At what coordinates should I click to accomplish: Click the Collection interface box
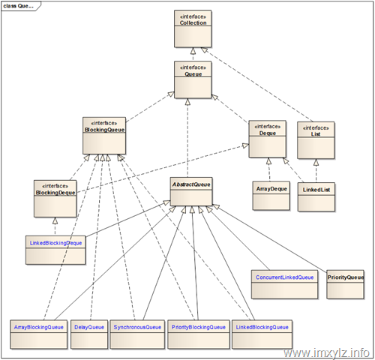(x=193, y=28)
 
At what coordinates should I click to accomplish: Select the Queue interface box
(x=193, y=79)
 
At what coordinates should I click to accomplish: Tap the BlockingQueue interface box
(x=104, y=136)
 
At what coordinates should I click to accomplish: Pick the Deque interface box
(x=267, y=139)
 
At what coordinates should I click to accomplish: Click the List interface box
(x=316, y=140)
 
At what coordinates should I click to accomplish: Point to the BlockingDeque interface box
(x=55, y=199)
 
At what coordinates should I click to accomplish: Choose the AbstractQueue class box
(x=191, y=192)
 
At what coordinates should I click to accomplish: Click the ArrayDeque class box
(x=271, y=196)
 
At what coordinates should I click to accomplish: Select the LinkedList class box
(x=316, y=197)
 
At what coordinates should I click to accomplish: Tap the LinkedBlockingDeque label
(x=55, y=243)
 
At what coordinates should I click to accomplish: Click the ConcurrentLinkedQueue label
(x=285, y=277)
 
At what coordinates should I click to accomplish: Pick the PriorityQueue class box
(x=345, y=284)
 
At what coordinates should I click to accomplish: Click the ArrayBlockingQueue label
(x=39, y=327)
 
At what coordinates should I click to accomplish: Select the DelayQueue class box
(x=89, y=334)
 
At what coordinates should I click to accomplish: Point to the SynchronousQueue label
(x=137, y=327)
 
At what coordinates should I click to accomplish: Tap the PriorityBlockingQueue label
(x=199, y=327)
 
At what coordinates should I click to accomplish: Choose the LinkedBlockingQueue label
(x=262, y=327)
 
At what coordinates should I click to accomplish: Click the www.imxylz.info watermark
(x=326, y=353)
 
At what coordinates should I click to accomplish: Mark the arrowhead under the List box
(x=316, y=163)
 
